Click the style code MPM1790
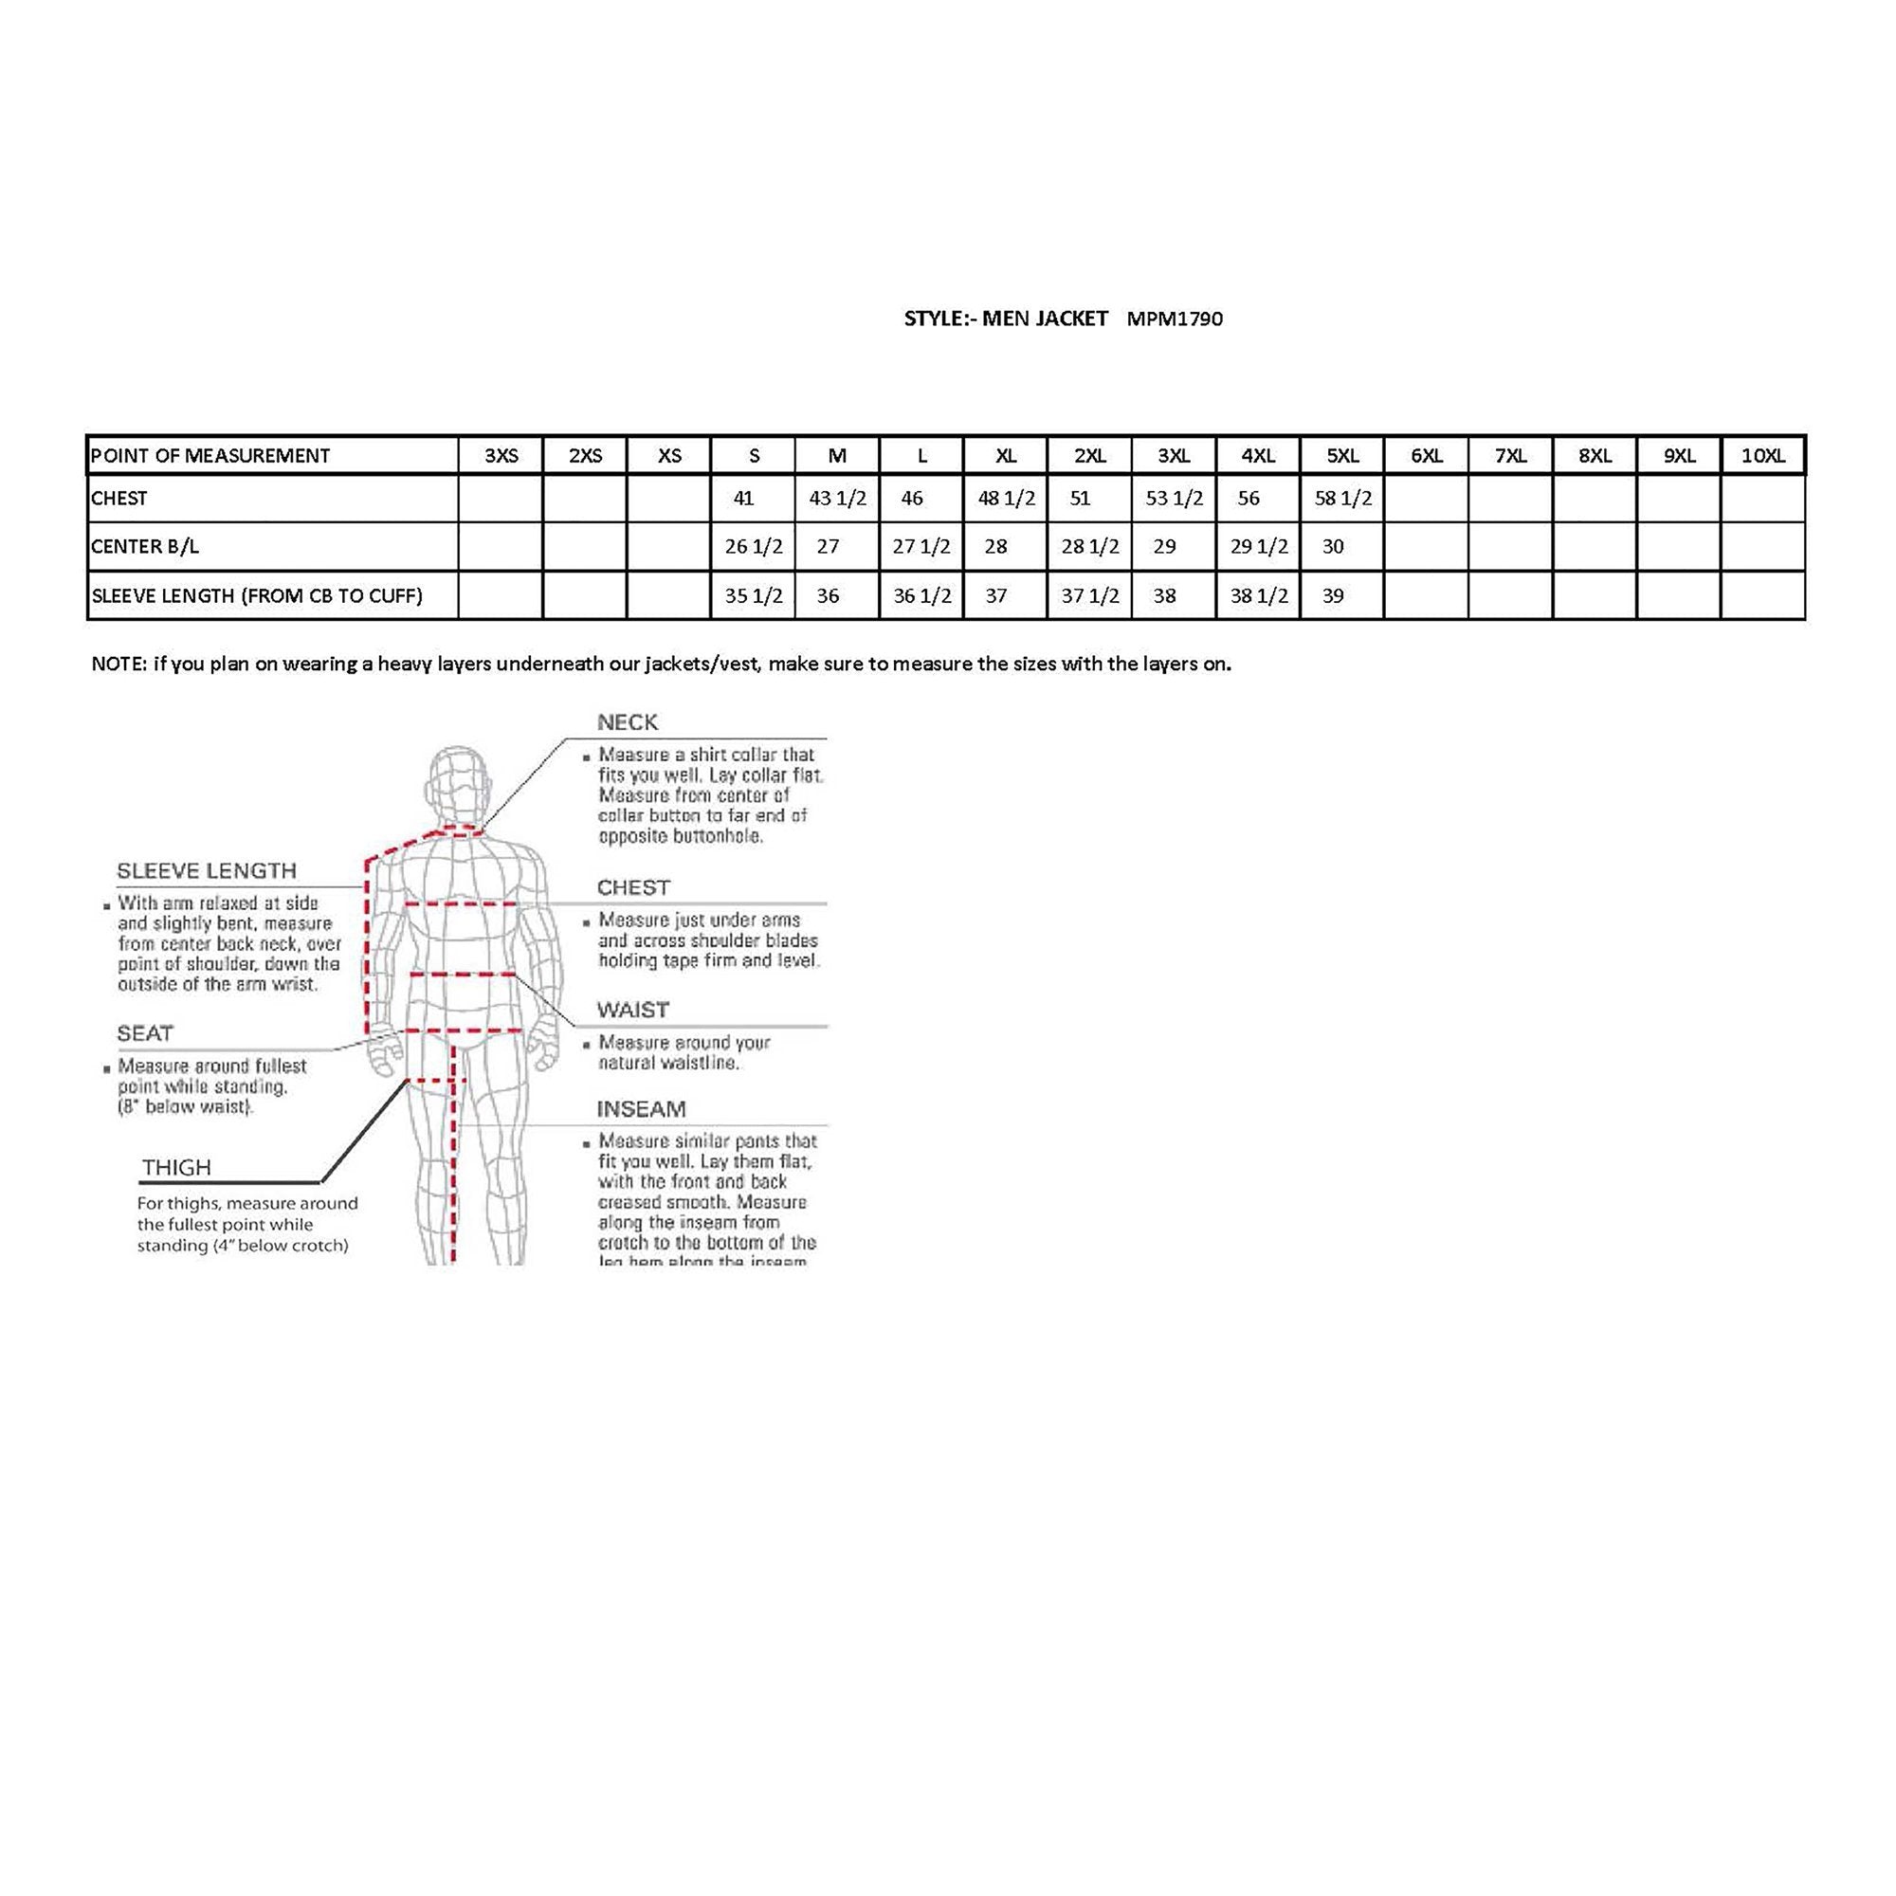1174,319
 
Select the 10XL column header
1762,455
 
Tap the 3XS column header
501,455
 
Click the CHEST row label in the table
118,499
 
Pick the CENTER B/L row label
144,547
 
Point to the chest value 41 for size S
743,499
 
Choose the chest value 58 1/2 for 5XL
1342,499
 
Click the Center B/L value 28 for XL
995,547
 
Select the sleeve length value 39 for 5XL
1332,595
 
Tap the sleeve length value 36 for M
828,595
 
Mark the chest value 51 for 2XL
1080,499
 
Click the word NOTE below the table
118,665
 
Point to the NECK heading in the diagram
627,722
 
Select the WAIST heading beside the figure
632,1010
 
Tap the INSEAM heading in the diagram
641,1109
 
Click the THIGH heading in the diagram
176,1167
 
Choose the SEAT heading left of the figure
144,1033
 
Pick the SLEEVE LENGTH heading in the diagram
206,870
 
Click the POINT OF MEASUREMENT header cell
210,455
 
